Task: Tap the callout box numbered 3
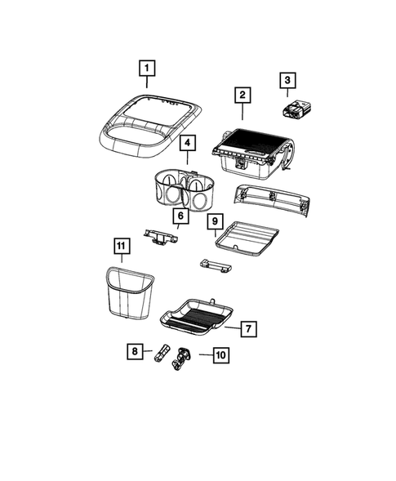(x=287, y=80)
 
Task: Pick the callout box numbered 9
(x=214, y=221)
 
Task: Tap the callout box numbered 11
(x=121, y=245)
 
